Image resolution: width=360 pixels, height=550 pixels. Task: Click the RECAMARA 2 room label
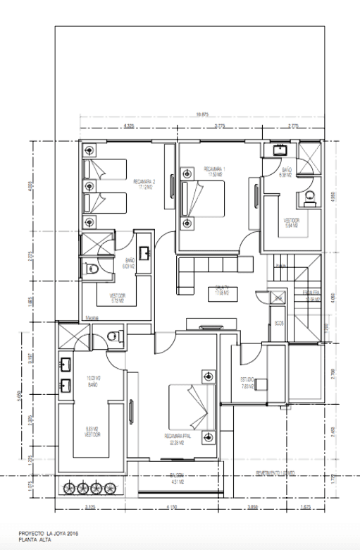[x=144, y=185]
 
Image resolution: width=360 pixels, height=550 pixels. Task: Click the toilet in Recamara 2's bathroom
[x=92, y=268]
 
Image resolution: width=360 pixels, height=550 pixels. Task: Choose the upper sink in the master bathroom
[x=67, y=365]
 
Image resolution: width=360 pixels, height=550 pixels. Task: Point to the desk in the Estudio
[x=261, y=384]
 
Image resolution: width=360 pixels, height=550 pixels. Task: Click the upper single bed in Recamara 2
[x=104, y=169]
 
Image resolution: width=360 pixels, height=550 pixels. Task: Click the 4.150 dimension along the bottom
[x=173, y=507]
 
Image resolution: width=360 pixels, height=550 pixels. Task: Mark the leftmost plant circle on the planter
[x=70, y=487]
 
